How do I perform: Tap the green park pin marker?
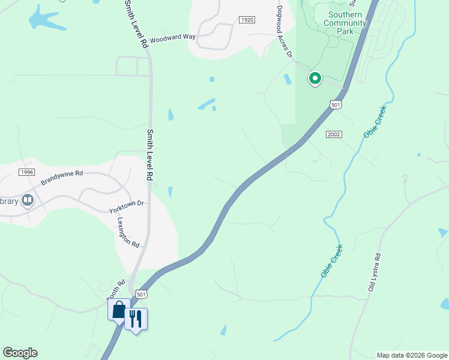tap(315, 79)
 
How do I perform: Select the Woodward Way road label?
tap(172, 37)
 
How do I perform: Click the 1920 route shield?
tap(247, 20)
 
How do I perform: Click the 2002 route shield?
tap(334, 134)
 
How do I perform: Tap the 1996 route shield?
tap(26, 172)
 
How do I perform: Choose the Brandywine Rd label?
tap(61, 178)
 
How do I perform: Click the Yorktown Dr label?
tap(127, 207)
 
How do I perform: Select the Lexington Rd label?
tap(127, 232)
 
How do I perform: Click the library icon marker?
tap(27, 200)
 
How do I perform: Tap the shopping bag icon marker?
tap(118, 310)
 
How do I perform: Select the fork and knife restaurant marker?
tap(136, 318)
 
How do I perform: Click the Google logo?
tap(20, 353)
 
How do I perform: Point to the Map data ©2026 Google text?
tap(412, 355)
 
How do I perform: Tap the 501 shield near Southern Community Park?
tap(336, 105)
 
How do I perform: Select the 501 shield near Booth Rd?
tap(140, 294)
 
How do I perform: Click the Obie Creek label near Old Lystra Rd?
tap(331, 260)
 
